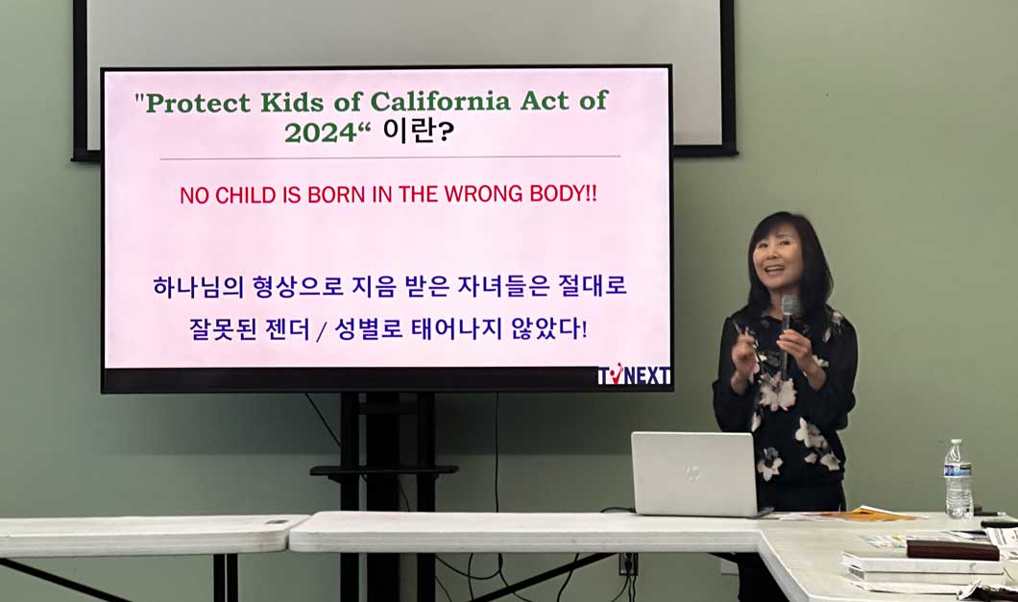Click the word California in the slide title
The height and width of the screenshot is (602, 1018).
(x=441, y=102)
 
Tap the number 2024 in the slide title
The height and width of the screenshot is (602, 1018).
(x=321, y=133)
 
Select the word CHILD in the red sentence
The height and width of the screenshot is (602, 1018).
(x=246, y=195)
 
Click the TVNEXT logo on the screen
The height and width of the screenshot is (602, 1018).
(x=634, y=374)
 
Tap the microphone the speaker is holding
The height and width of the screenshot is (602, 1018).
(x=788, y=325)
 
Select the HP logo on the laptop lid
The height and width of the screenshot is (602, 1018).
(x=692, y=472)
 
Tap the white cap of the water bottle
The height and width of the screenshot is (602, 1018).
(x=955, y=443)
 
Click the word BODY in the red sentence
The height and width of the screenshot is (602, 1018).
(x=558, y=194)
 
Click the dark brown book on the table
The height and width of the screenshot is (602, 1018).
(x=953, y=550)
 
